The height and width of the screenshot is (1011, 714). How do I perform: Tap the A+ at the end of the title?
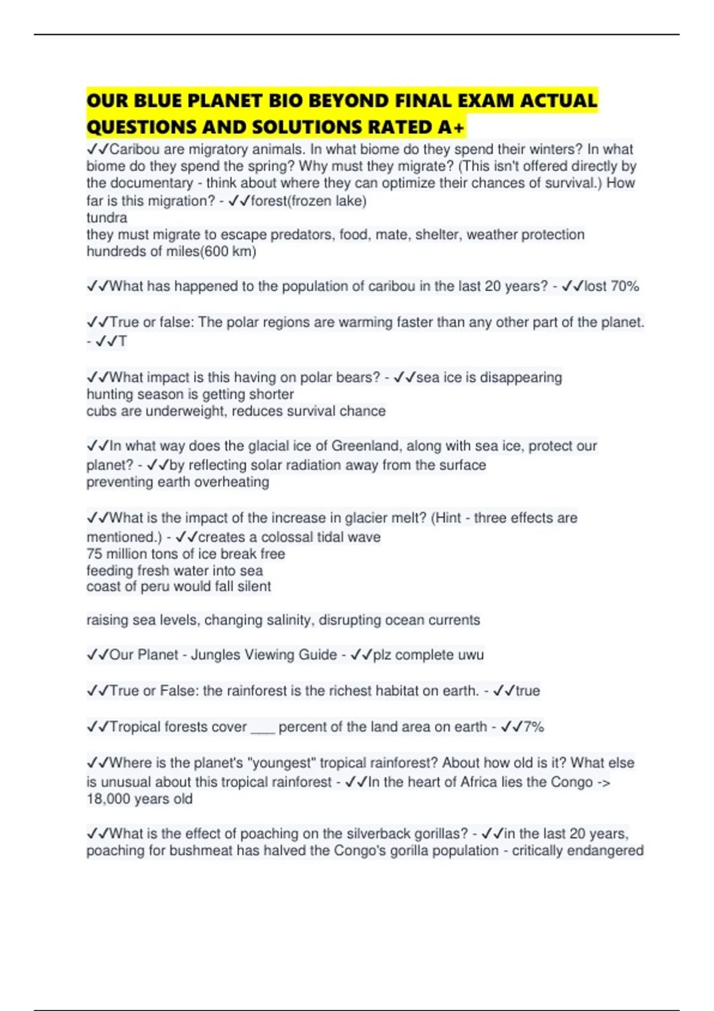click(452, 127)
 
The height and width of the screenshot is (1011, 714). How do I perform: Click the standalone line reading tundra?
click(107, 218)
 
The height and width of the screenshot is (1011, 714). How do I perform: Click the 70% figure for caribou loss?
click(625, 286)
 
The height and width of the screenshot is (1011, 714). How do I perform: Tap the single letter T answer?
click(123, 341)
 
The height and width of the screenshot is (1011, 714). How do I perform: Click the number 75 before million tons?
click(94, 554)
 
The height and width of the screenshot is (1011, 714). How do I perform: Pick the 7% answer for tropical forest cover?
click(534, 727)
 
